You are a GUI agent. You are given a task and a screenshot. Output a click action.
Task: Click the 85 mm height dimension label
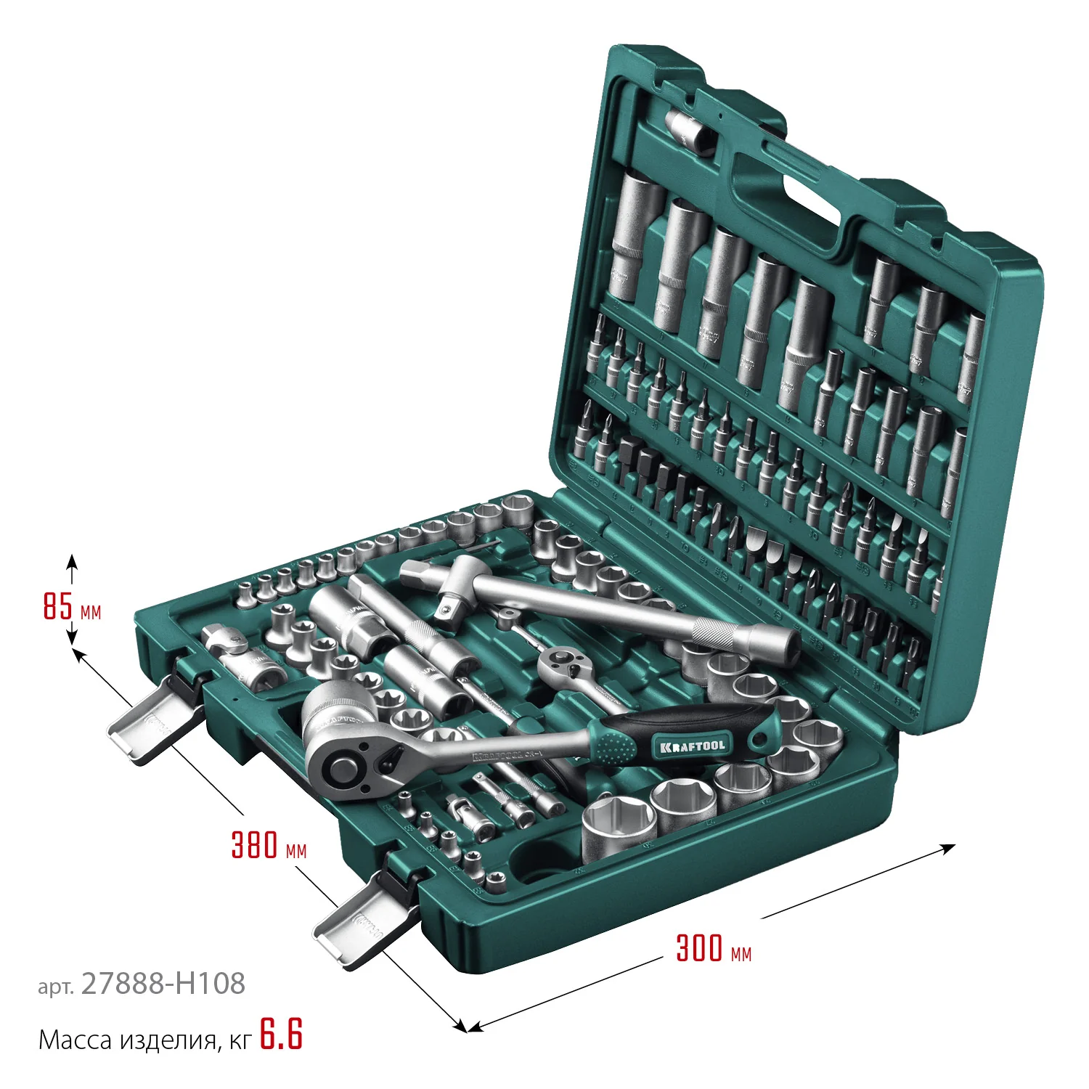coord(71,606)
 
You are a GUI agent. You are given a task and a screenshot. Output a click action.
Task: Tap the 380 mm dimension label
coord(268,845)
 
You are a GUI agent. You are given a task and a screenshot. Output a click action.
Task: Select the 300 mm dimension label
coord(713,948)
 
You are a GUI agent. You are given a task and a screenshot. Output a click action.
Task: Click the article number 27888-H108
coord(163,984)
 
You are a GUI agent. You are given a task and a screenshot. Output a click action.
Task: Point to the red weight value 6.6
coord(281,1035)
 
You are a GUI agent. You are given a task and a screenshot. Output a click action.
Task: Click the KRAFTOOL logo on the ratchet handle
coord(693,746)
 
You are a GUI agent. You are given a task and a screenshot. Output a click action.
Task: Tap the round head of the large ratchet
coord(341,762)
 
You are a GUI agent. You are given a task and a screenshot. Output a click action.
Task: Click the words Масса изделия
coord(127,1040)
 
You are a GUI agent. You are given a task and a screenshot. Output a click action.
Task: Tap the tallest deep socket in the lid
coord(636,236)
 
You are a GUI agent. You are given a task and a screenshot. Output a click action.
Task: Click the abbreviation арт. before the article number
coord(56,987)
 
